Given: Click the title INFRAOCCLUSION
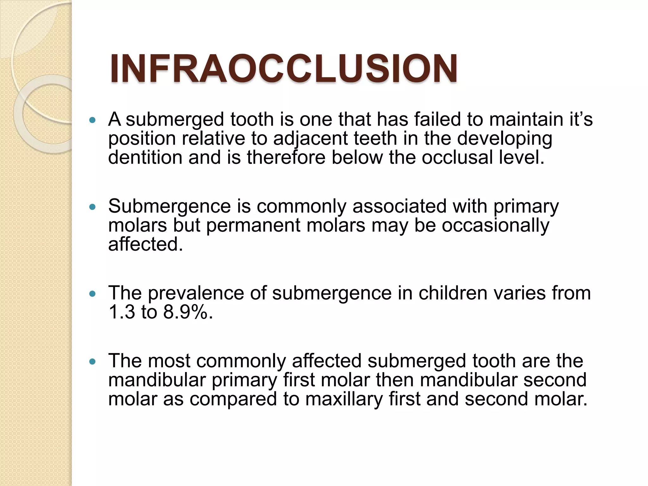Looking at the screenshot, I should pos(283,69).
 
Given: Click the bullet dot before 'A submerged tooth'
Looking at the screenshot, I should pos(92,120).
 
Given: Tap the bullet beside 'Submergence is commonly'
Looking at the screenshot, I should pos(92,207).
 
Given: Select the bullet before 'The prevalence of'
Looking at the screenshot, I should pos(92,294).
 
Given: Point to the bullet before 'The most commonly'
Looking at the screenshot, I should pos(92,362).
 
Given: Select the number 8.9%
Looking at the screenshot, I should pos(188,312).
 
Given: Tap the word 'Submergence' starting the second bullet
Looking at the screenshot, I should pos(170,207).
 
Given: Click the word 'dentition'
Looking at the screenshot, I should pos(145,158).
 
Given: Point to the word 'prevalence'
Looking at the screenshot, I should pos(196,293).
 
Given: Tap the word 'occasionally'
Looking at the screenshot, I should pos(495,226).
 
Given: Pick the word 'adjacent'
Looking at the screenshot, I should pos(310,139).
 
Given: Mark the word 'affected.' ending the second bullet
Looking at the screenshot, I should pos(146,245).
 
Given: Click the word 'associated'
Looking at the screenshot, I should pos(399,207).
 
